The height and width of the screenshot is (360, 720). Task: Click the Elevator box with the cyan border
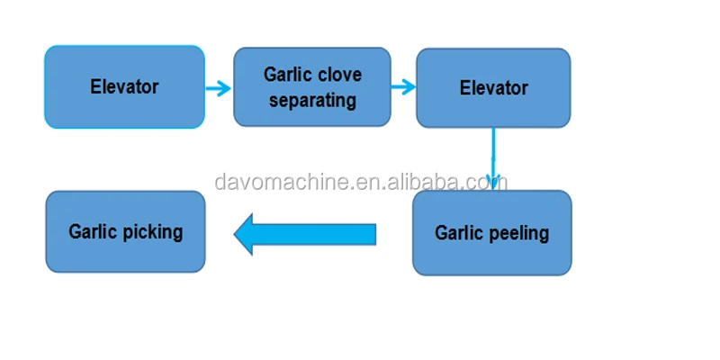(124, 86)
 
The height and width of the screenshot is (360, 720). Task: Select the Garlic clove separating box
(311, 86)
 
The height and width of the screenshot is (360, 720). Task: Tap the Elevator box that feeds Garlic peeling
(493, 87)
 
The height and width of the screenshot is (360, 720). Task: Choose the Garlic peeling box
(491, 232)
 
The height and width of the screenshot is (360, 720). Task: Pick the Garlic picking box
(125, 231)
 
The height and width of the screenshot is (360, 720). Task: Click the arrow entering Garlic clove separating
(219, 87)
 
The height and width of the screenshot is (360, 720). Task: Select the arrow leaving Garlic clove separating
(403, 87)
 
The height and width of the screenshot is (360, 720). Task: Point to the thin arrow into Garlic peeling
(492, 157)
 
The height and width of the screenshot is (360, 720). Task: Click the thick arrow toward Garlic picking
(305, 234)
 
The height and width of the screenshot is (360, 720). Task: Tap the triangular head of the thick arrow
(248, 234)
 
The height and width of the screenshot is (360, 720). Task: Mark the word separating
(311, 100)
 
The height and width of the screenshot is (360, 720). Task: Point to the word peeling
(520, 234)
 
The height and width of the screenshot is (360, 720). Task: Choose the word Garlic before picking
(94, 231)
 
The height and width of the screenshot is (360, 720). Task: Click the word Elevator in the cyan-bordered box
(124, 86)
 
